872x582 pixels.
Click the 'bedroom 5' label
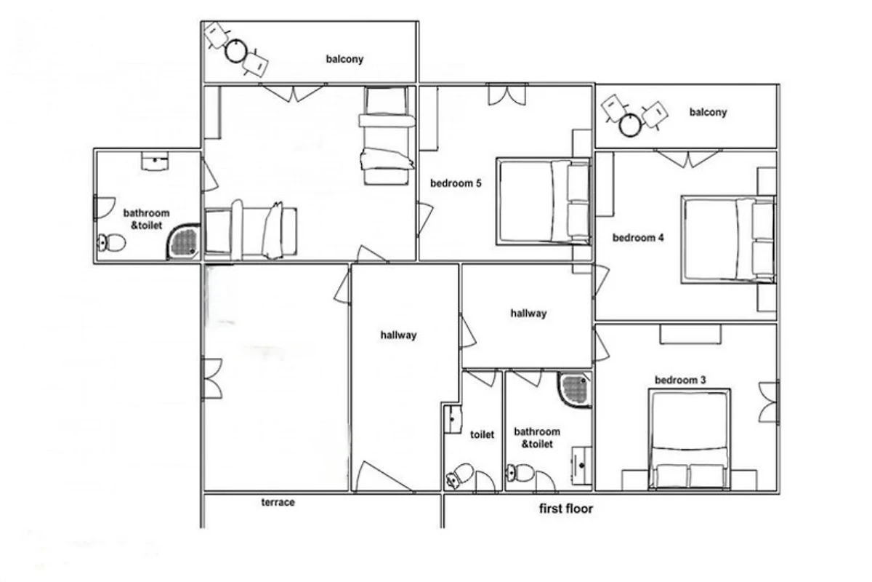456,183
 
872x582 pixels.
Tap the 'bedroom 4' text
638,238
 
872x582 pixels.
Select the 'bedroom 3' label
680,380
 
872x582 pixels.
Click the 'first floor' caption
565,509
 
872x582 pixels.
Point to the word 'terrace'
278,503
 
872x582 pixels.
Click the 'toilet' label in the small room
482,434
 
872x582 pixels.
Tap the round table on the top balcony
236,51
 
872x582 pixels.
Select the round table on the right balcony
630,124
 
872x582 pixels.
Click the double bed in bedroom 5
544,201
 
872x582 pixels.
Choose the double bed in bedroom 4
728,239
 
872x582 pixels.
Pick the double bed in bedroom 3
689,439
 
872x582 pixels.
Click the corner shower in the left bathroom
184,242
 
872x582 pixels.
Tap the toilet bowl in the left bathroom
111,243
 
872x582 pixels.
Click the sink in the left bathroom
155,161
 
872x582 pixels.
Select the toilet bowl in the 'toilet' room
459,475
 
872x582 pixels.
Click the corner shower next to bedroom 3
575,390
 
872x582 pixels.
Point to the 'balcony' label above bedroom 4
708,112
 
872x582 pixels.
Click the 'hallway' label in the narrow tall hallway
398,335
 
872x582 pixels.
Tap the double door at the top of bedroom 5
507,95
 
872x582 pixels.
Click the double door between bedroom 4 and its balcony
688,159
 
